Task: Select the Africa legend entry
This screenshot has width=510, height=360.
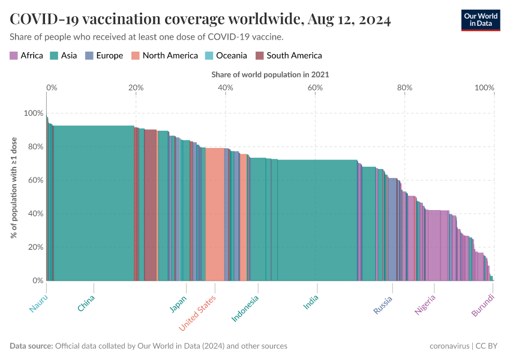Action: [26, 56]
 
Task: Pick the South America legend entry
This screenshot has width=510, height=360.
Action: [289, 56]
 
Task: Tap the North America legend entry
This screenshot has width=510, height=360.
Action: [164, 56]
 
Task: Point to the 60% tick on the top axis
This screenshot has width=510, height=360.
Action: [315, 88]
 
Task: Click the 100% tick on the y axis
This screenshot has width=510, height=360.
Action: [34, 113]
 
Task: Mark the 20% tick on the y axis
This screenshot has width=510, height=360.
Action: [35, 247]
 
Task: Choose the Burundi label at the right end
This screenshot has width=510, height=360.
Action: [484, 305]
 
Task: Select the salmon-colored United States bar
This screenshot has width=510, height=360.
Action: [215, 216]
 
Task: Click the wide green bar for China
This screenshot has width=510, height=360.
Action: [93, 204]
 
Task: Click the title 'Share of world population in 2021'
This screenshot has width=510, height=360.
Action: [270, 75]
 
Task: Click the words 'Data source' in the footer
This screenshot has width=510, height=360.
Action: [31, 346]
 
